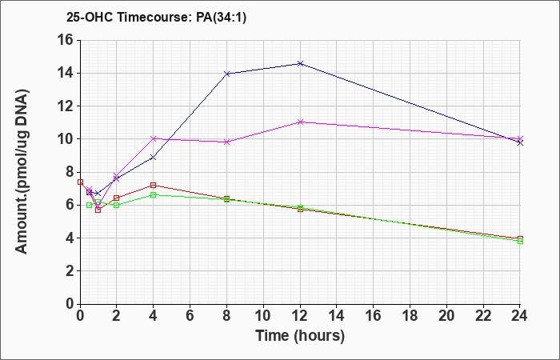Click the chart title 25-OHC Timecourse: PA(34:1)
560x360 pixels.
[157, 18]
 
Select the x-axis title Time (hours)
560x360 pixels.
[300, 336]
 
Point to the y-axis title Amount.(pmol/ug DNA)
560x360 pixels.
[22, 171]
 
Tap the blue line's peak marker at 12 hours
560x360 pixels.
[300, 63]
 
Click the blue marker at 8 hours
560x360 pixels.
[226, 74]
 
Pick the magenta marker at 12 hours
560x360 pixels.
[300, 122]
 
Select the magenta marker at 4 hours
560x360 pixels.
[154, 138]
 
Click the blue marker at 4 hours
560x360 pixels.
[154, 157]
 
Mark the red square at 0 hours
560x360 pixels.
[80, 182]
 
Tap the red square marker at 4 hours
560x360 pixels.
[154, 185]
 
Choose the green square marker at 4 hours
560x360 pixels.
[154, 194]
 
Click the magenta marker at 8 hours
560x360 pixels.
[226, 142]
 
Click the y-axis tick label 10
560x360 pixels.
[65, 139]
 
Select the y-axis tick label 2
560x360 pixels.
[69, 271]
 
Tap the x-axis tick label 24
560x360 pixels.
[519, 316]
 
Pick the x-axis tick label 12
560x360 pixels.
[300, 316]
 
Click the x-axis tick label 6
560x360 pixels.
[190, 316]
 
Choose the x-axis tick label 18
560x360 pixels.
[410, 316]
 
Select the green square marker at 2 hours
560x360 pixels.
[117, 205]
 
